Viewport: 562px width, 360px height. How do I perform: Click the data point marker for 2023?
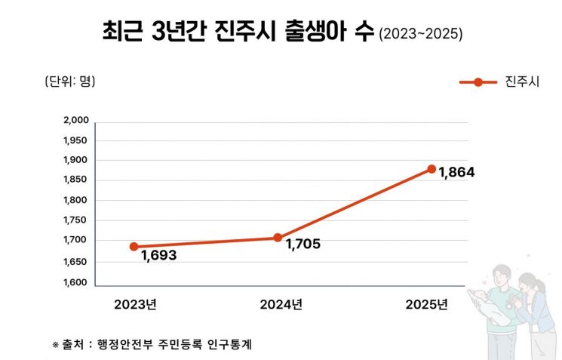tap(134, 246)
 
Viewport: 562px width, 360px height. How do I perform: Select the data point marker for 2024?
tap(278, 238)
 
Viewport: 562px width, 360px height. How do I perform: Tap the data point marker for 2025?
tap(431, 169)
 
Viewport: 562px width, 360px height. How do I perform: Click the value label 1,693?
tap(158, 256)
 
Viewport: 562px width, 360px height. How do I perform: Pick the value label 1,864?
tap(456, 173)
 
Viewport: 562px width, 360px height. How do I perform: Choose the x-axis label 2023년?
tap(135, 305)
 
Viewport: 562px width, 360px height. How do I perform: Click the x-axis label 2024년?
tap(281, 305)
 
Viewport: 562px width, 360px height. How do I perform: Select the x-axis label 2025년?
tap(426, 305)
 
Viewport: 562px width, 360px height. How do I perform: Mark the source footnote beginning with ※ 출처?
tap(152, 344)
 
